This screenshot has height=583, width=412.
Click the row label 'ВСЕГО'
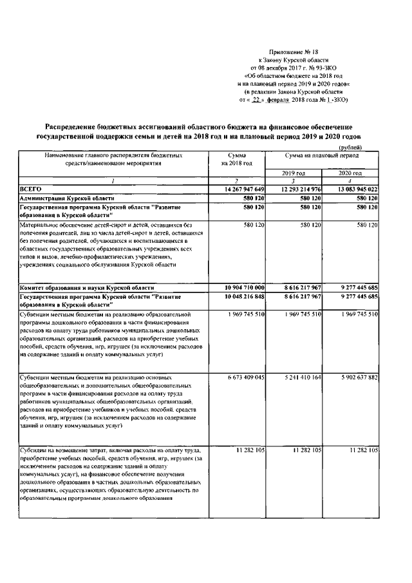[32, 188]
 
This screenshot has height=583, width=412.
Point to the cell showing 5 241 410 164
[298, 378]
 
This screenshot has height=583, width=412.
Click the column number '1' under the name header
[113, 181]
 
